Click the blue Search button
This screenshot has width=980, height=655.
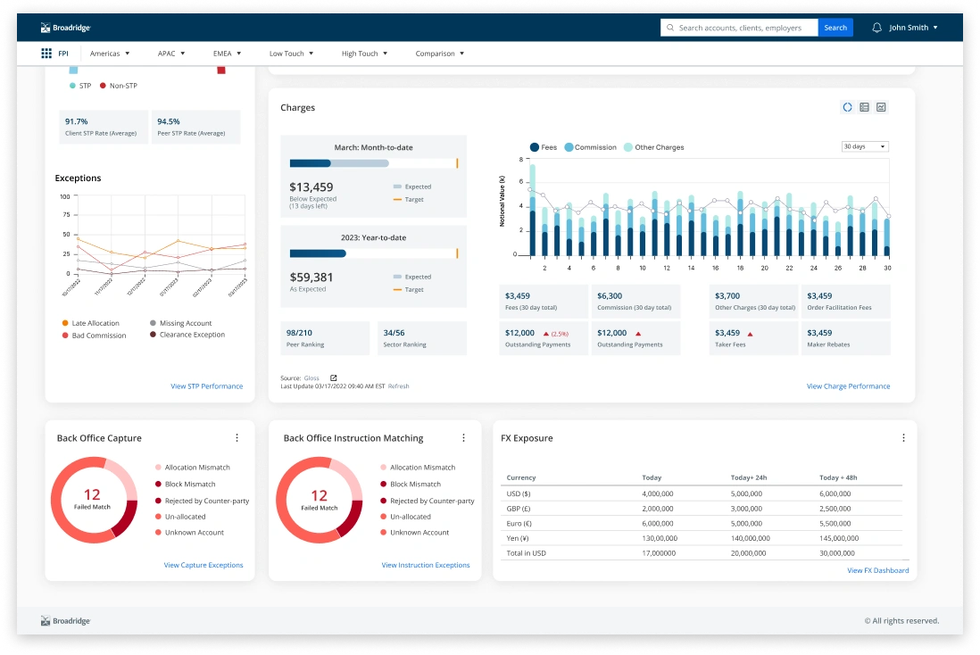point(835,28)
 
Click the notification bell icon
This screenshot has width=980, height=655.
point(876,28)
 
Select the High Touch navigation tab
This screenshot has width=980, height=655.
point(364,54)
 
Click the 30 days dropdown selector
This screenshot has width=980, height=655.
point(865,146)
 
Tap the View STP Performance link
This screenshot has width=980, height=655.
point(206,386)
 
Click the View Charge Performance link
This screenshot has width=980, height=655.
point(848,386)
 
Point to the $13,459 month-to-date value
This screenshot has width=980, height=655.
point(311,187)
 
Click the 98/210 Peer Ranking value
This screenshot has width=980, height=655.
point(299,333)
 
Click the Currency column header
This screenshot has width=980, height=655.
point(522,477)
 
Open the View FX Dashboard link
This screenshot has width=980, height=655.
point(877,570)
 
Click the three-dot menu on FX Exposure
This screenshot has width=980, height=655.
point(903,438)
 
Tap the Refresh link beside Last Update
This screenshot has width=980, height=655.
point(398,386)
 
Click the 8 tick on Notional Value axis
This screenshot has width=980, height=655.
point(516,159)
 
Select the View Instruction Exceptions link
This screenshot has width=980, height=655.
point(426,565)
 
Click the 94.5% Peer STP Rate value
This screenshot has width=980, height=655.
point(169,121)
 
